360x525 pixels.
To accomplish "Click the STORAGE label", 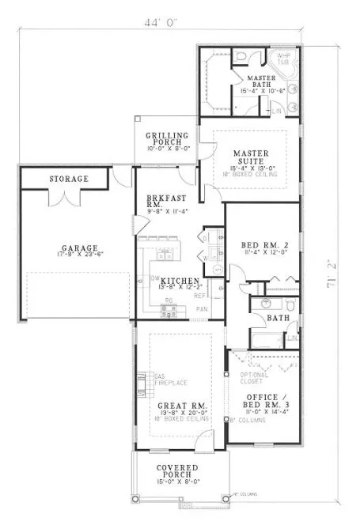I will click(x=69, y=179).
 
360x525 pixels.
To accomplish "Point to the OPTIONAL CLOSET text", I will click(x=254, y=378).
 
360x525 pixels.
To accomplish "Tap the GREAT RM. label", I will click(x=180, y=406).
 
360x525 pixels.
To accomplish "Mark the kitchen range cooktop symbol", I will click(x=169, y=310).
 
